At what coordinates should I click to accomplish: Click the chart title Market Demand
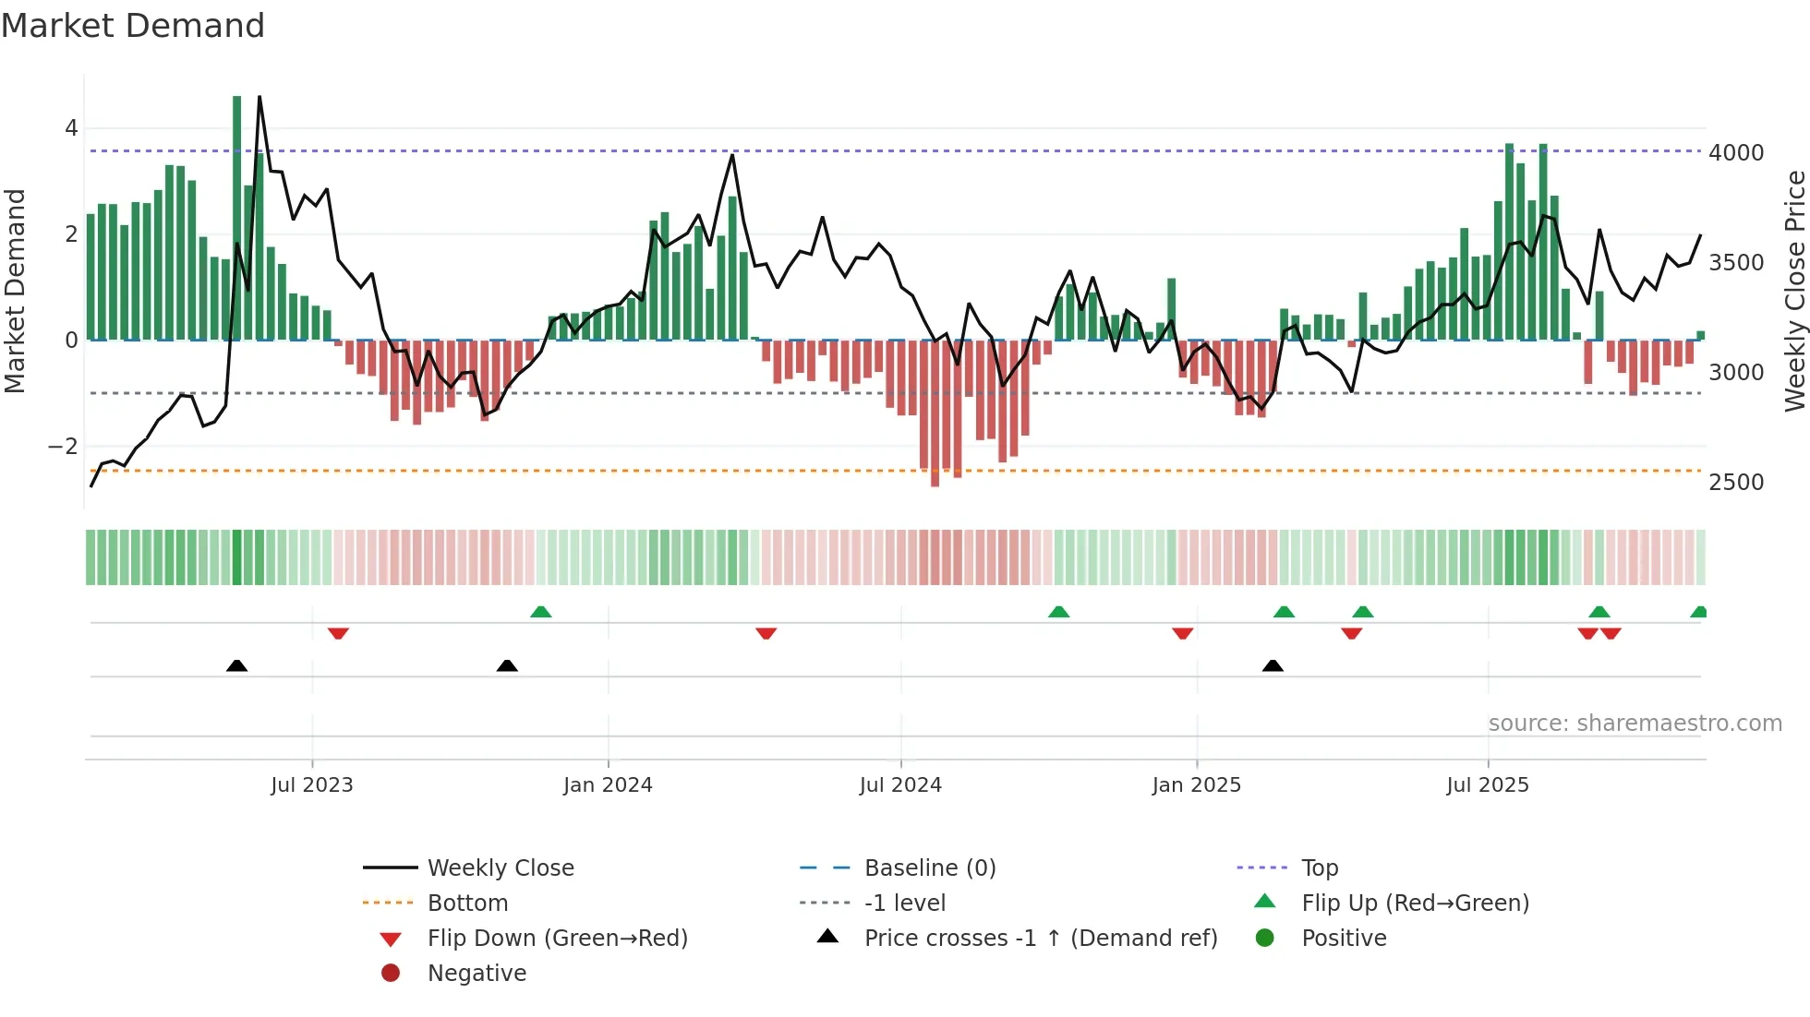coord(133,26)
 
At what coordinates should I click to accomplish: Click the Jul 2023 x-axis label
coord(311,785)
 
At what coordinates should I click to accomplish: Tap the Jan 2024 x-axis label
coord(608,785)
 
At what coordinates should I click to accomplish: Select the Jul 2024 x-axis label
coord(900,785)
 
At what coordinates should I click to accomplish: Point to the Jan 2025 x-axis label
coord(1196,785)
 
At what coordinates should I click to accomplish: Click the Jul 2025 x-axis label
coord(1488,785)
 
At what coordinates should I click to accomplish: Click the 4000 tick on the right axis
coord(1736,153)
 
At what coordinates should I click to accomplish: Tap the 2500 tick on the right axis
coord(1736,483)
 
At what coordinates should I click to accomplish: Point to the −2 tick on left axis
coord(63,447)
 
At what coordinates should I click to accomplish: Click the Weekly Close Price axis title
coord(1794,291)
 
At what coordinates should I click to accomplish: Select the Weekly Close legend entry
coord(501,868)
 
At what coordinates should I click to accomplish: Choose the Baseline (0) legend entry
coord(930,868)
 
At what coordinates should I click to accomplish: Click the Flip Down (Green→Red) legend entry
coord(557,939)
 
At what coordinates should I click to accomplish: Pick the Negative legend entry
coord(477,974)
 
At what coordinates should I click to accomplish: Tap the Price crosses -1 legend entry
coord(1040,939)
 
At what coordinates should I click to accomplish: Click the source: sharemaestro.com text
coord(1635,724)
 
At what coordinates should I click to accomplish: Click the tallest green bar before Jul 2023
coord(237,218)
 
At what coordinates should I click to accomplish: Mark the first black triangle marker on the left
coord(237,665)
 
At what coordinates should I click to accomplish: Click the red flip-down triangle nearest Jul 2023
coord(338,633)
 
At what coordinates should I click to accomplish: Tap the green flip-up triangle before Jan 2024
coord(541,612)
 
